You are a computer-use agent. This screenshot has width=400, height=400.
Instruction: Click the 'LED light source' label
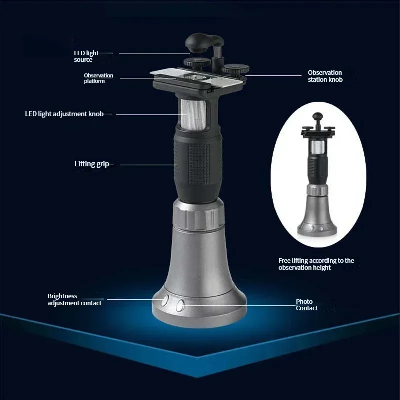(86, 56)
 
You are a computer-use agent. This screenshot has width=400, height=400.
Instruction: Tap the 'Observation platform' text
(98, 78)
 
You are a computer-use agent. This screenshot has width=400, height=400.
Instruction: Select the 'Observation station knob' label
(325, 76)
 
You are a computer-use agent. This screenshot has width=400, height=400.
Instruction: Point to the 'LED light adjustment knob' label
(64, 114)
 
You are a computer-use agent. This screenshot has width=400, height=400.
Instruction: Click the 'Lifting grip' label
(92, 164)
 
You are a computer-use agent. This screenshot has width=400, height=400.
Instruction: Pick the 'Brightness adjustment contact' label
(74, 299)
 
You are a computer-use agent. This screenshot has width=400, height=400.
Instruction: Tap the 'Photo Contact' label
(307, 305)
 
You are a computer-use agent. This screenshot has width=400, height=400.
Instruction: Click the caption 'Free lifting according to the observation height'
(316, 264)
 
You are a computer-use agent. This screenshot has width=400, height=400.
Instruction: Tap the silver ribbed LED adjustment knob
(193, 114)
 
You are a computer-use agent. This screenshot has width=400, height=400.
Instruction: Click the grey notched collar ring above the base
(199, 215)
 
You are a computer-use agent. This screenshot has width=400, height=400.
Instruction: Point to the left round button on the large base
(165, 300)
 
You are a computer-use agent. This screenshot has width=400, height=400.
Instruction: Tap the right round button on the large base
(180, 305)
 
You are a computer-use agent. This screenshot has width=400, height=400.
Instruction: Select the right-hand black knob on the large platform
(235, 69)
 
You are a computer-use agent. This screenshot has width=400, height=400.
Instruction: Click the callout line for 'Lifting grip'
(148, 165)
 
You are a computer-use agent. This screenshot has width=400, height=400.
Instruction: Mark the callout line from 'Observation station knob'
(273, 76)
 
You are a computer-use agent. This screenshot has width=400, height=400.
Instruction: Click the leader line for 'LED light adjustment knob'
(148, 115)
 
